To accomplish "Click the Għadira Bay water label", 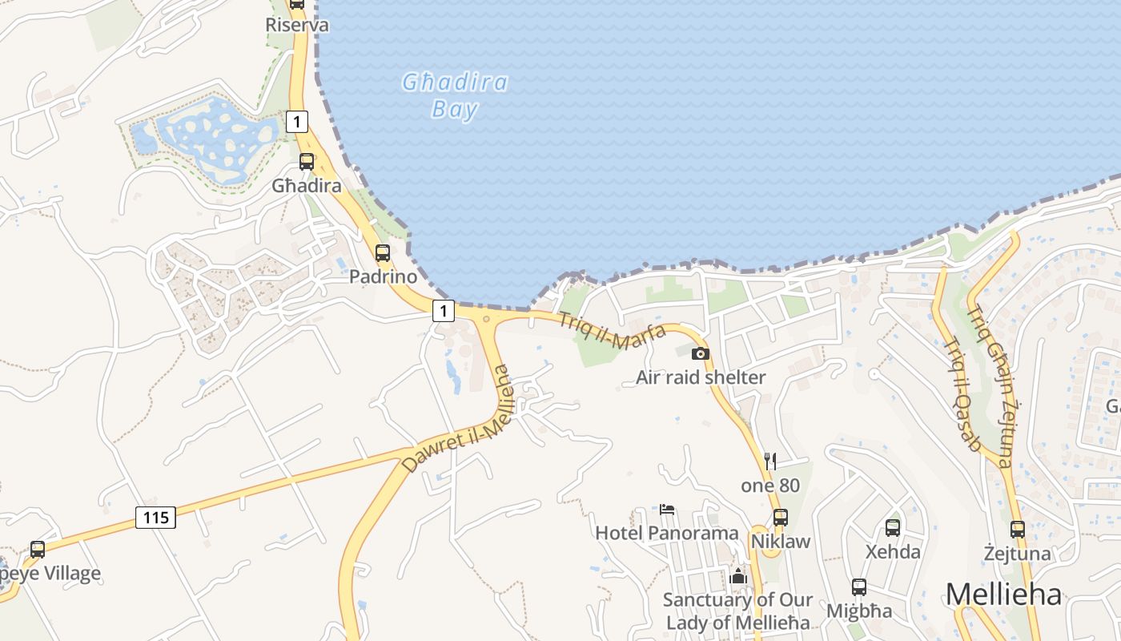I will [x=455, y=95].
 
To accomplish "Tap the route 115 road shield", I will [x=155, y=518].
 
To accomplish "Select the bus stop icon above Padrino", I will [x=383, y=253].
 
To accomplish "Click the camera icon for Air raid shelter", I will [x=700, y=353].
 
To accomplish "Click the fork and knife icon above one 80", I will [x=770, y=461].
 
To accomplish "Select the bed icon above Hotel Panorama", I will [x=667, y=509].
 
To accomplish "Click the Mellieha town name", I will [x=1003, y=595].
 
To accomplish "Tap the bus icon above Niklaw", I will [x=780, y=517].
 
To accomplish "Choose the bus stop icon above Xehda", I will [x=893, y=527].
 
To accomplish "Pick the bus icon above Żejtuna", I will [x=1017, y=529].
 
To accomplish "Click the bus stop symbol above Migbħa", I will [x=859, y=587].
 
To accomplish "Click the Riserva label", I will [x=297, y=25].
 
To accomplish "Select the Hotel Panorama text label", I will [x=667, y=533].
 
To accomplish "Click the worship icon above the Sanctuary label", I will [x=738, y=576].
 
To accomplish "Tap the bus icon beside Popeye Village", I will [x=38, y=549].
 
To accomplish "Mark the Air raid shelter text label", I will [x=701, y=377].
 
